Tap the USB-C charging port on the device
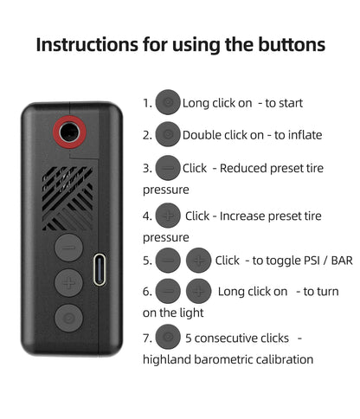point(100,269)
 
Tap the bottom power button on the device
point(69,318)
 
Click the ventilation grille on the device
point(67,198)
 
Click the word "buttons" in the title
point(292,44)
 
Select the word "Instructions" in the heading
point(87,45)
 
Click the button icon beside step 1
point(168,102)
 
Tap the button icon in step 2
point(168,134)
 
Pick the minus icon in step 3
point(168,168)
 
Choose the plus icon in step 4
point(168,216)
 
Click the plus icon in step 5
point(199,261)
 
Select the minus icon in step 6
point(168,291)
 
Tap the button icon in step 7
point(168,337)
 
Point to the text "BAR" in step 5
point(342,261)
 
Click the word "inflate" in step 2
point(305,135)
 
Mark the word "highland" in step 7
point(166,359)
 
